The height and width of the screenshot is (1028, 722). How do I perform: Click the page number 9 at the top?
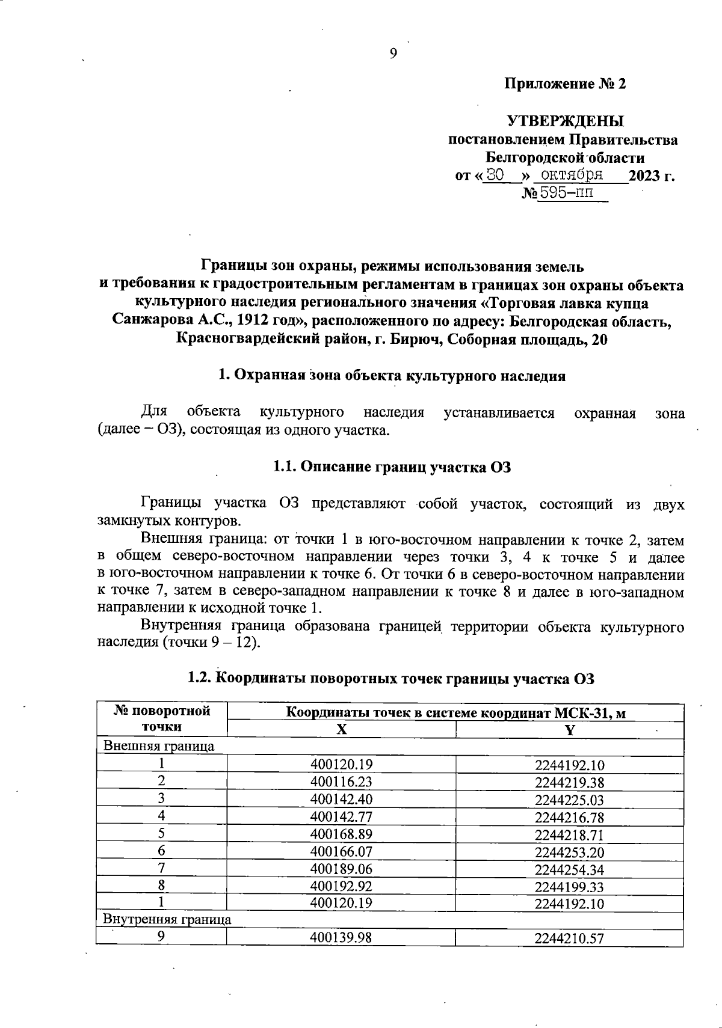pos(393,54)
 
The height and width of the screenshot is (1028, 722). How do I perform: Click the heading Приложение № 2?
pos(565,84)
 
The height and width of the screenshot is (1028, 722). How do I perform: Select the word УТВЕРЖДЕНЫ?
pos(565,121)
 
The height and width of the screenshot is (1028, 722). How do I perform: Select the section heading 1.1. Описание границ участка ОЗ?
pos(392,467)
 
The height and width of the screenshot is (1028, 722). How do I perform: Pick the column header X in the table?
pos(341,730)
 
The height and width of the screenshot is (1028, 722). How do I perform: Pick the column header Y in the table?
pos(569,730)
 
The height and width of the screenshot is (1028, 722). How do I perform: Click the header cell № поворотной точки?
pos(162,719)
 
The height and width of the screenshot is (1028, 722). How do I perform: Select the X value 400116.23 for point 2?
pos(341,782)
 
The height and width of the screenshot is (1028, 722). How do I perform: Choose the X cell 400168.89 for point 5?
pos(341,834)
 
